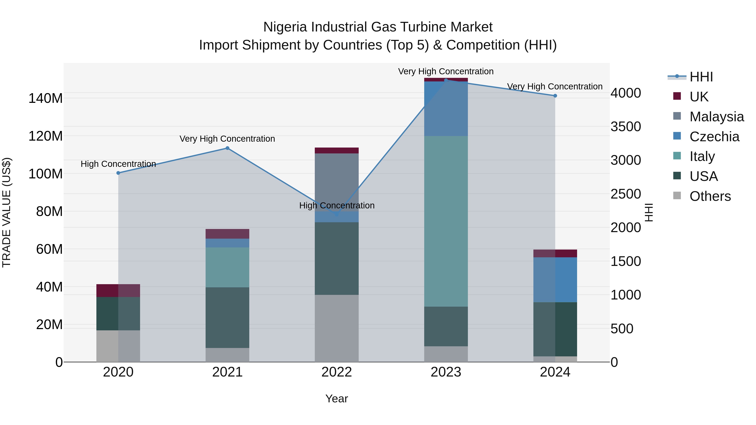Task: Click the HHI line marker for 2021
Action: click(x=227, y=148)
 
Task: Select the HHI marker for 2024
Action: click(x=555, y=96)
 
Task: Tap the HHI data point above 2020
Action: click(x=118, y=173)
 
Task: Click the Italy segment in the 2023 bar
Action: click(x=446, y=221)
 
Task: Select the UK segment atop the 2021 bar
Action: click(x=227, y=234)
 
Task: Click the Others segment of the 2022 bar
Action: click(x=337, y=328)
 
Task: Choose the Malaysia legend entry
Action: click(x=716, y=117)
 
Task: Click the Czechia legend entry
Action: click(x=714, y=137)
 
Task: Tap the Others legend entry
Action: click(x=710, y=196)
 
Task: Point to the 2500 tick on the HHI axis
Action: click(x=626, y=194)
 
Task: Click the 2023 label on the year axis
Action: click(x=446, y=372)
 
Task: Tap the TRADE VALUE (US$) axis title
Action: click(x=7, y=212)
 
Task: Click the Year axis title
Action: click(x=337, y=399)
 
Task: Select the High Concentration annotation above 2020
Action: click(x=118, y=164)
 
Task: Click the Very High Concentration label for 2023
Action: click(x=446, y=71)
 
